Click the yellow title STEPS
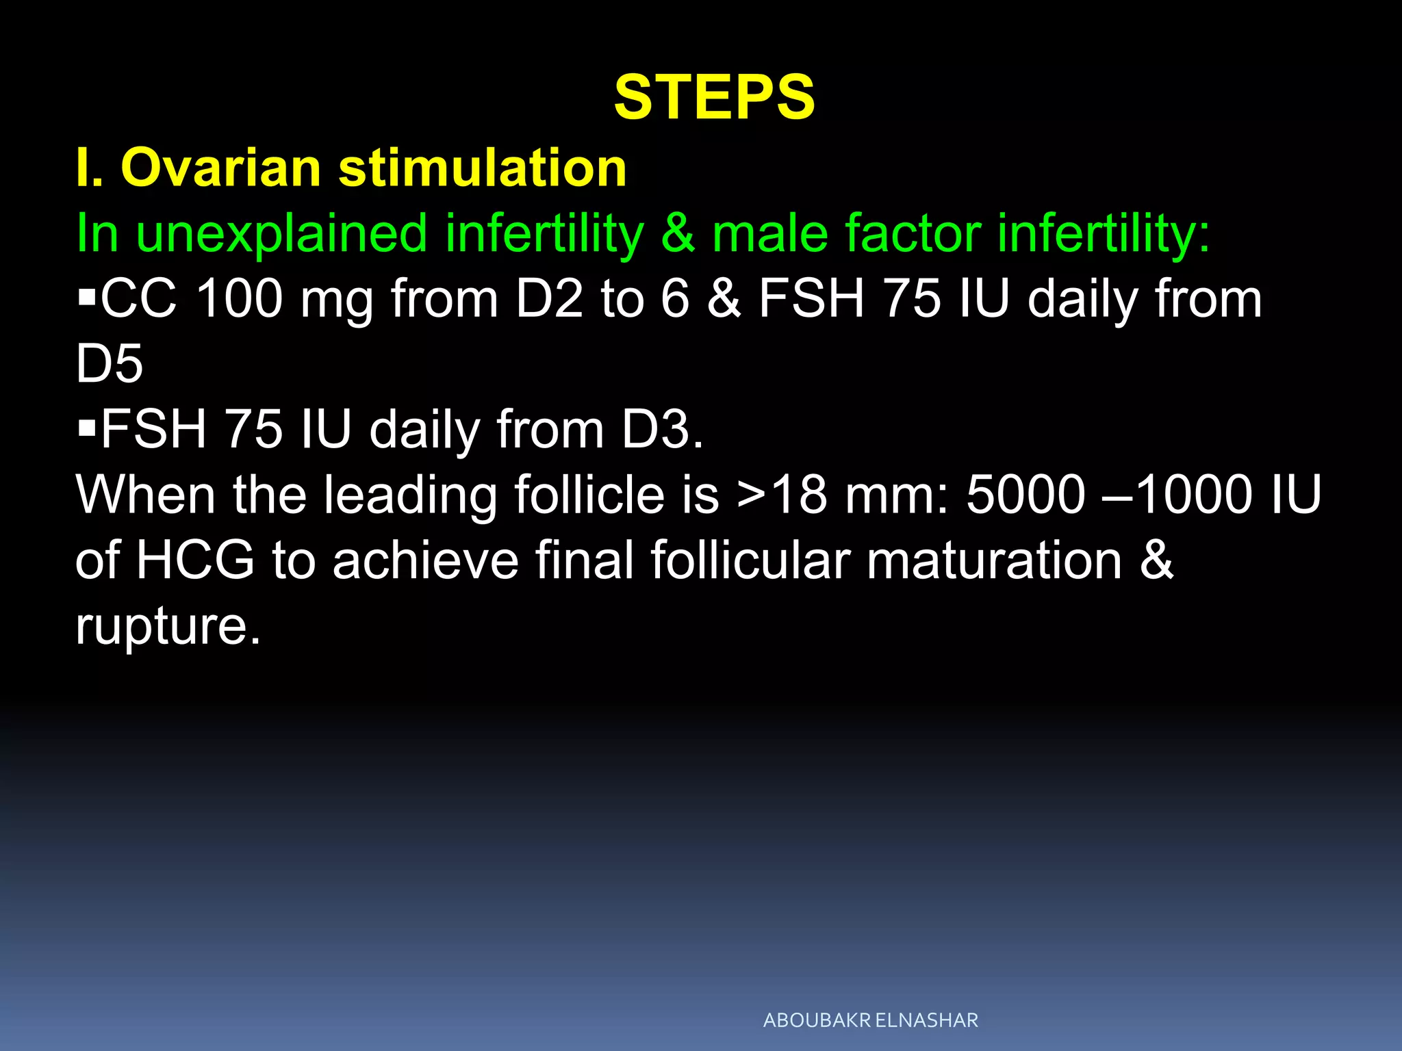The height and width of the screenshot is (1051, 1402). pyautogui.click(x=714, y=97)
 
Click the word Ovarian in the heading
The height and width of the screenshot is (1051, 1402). pyautogui.click(x=220, y=168)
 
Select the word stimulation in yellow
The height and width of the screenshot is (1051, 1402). pyautogui.click(x=482, y=168)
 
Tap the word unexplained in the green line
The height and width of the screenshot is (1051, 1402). pyautogui.click(x=281, y=233)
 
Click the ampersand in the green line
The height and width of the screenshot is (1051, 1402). pyautogui.click(x=678, y=233)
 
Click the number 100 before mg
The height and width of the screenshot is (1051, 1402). pyautogui.click(x=239, y=299)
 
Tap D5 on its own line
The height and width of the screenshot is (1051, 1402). pyautogui.click(x=110, y=364)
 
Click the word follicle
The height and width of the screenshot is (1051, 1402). pyautogui.click(x=589, y=495)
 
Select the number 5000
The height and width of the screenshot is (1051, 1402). pyautogui.click(x=1025, y=495)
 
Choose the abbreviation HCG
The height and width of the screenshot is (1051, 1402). pyautogui.click(x=195, y=560)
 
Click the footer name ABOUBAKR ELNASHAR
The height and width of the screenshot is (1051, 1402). pyautogui.click(x=870, y=1020)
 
